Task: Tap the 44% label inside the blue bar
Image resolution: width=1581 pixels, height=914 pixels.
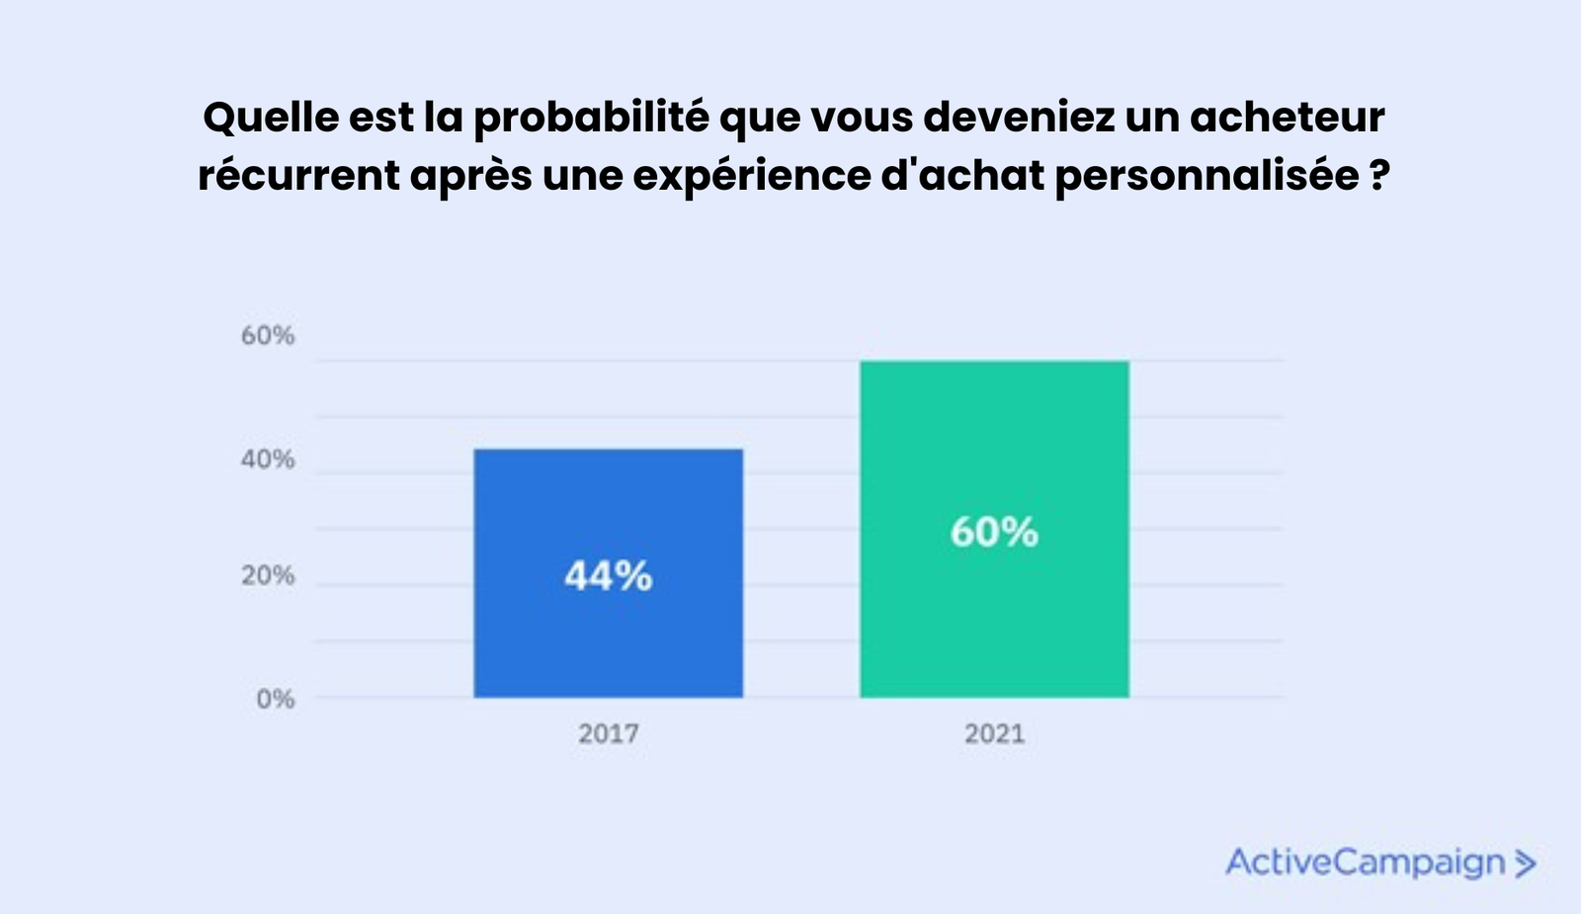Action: click(x=608, y=575)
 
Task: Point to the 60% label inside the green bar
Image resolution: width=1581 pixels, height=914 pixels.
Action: click(x=994, y=533)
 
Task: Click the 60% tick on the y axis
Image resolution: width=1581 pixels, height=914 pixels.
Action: click(x=268, y=336)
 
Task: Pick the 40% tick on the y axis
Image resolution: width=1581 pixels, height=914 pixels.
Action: click(x=268, y=459)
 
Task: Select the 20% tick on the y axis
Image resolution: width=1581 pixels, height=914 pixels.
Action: click(x=268, y=575)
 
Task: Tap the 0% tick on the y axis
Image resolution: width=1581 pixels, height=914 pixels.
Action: click(x=276, y=700)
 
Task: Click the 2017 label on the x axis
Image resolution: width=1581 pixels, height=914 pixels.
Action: click(x=608, y=734)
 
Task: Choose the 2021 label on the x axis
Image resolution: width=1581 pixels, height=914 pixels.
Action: click(x=994, y=734)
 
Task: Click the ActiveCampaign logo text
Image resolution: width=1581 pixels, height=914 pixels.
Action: click(x=1365, y=863)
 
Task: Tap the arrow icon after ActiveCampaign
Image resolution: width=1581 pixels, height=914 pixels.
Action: click(x=1525, y=864)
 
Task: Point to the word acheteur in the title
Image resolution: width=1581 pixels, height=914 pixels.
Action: click(x=1287, y=119)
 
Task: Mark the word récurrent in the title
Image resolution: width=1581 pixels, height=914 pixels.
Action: click(x=297, y=177)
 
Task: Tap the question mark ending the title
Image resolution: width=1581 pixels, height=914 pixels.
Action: click(x=1380, y=177)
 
